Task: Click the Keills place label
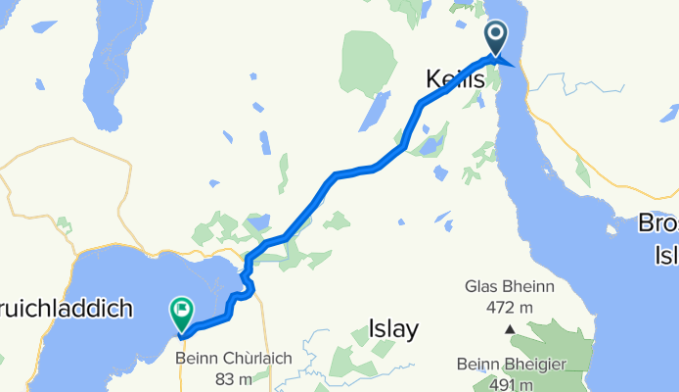click(x=456, y=79)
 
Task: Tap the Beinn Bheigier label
click(x=511, y=366)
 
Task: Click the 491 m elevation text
click(x=511, y=384)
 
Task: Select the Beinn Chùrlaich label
click(x=234, y=359)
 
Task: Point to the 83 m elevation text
click(x=234, y=378)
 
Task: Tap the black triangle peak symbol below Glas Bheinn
click(x=508, y=328)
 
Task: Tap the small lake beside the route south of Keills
click(x=430, y=146)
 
